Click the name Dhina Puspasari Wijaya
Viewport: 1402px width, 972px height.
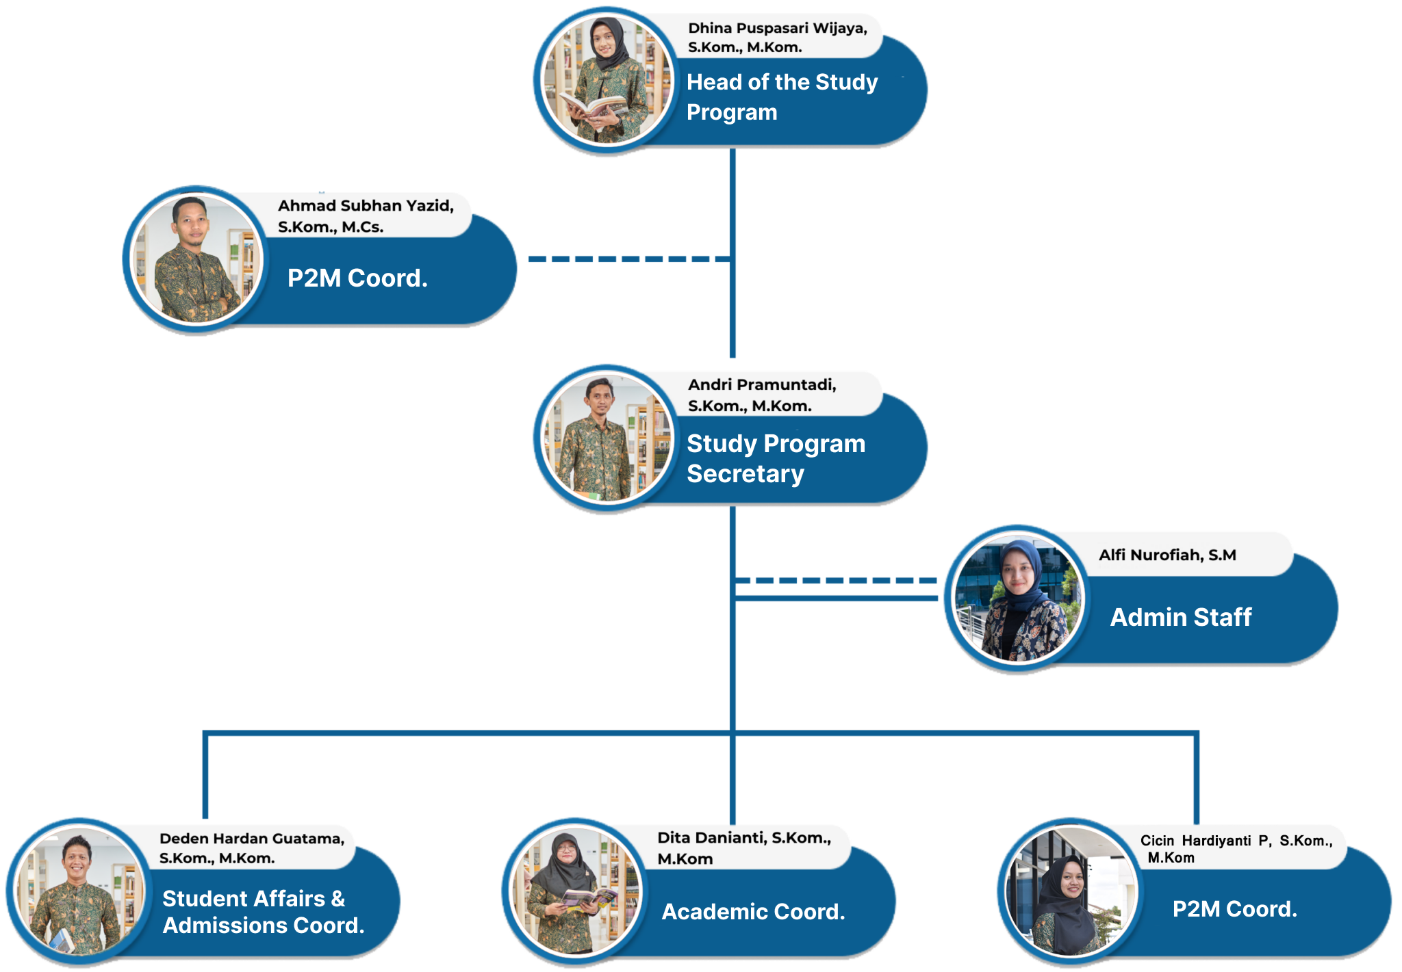tap(777, 29)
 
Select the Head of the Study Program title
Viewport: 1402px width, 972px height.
tap(781, 96)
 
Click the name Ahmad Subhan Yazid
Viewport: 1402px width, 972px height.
tap(366, 206)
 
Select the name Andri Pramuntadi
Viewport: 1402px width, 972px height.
tap(761, 385)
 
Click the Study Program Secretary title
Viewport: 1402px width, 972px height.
tap(776, 458)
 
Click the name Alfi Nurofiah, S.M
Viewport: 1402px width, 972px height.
tap(1167, 555)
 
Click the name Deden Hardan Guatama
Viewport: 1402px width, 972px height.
tap(251, 839)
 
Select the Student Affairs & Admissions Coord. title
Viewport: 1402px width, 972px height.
tap(263, 911)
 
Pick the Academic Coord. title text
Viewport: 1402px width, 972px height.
tap(753, 912)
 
